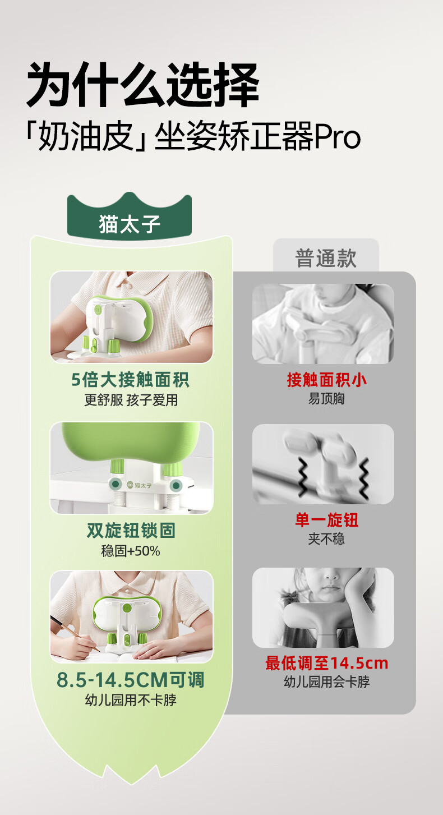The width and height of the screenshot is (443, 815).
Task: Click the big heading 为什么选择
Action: [142, 85]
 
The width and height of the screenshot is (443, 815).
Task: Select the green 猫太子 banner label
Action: [130, 224]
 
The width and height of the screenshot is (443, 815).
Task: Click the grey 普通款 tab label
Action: [326, 258]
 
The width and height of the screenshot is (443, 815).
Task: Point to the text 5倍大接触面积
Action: [130, 380]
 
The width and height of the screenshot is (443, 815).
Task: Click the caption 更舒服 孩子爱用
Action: [131, 400]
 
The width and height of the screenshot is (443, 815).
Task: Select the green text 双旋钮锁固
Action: [131, 530]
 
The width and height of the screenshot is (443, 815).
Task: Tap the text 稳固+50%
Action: [131, 551]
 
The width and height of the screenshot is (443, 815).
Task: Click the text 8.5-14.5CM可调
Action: [131, 680]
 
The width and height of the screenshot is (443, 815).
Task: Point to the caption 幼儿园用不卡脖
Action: [131, 699]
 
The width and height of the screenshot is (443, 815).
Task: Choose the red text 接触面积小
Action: [326, 380]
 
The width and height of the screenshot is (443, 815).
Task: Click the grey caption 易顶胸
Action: [326, 399]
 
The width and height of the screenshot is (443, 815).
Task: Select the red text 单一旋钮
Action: [326, 519]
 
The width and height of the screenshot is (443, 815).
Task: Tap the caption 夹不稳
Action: [326, 538]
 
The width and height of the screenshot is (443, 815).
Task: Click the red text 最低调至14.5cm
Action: [326, 663]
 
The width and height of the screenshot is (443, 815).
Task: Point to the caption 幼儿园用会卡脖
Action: [326, 682]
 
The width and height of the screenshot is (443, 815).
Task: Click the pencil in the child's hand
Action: [75, 633]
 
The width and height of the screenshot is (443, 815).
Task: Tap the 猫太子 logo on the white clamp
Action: [139, 485]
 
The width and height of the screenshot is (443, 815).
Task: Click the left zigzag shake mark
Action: [303, 477]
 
